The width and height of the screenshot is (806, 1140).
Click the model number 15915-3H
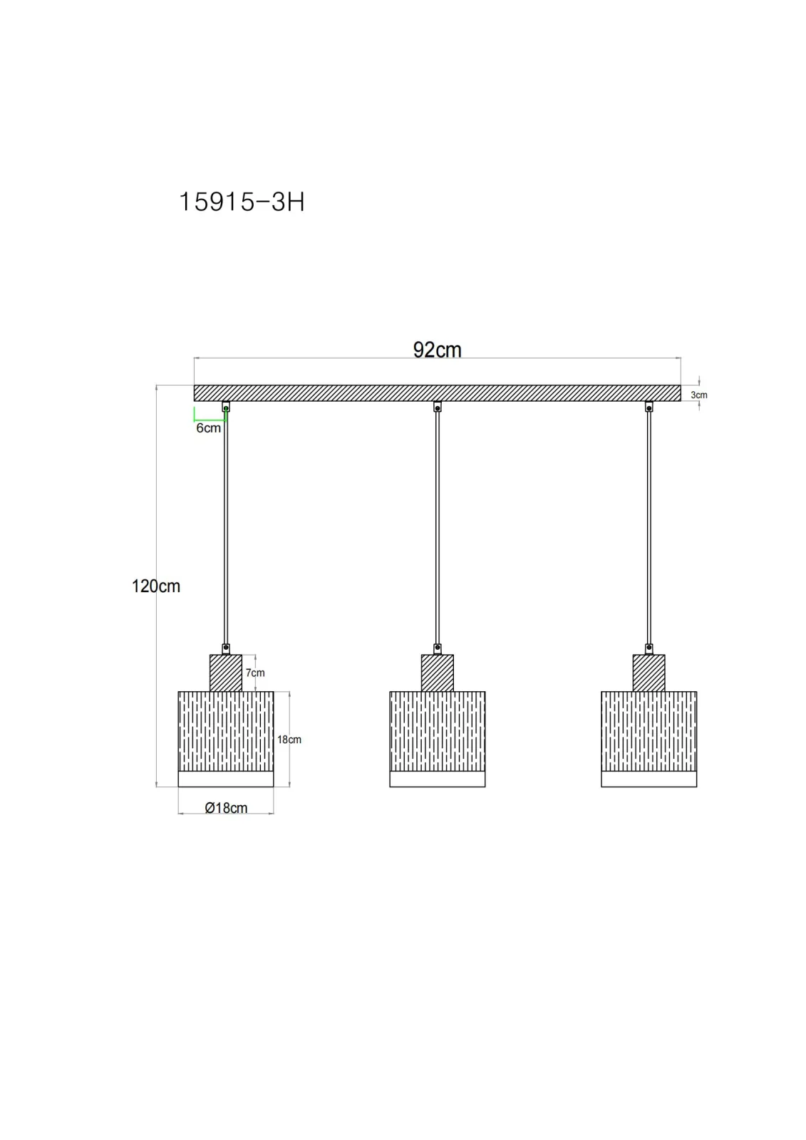pos(242,202)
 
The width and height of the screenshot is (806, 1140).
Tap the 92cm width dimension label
pos(437,350)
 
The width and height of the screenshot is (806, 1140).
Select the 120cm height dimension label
pos(156,586)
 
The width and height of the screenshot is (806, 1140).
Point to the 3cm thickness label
pos(698,395)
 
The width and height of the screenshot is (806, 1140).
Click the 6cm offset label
pos(208,428)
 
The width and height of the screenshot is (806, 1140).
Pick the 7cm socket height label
pos(255,673)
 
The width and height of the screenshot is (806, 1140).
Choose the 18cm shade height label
pos(289,740)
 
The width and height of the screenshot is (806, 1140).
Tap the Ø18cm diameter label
pos(226,808)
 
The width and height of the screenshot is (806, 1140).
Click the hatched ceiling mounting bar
pos(437,393)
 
